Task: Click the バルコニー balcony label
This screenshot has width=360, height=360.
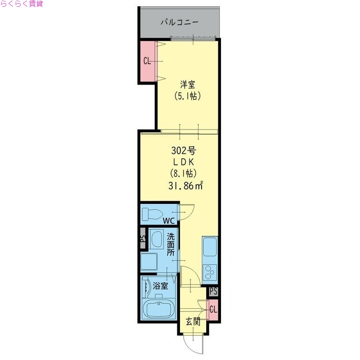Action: click(180, 22)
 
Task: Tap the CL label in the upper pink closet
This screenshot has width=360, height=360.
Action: click(147, 61)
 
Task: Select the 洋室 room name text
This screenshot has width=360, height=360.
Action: click(187, 84)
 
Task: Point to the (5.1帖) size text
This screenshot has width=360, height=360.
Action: click(187, 96)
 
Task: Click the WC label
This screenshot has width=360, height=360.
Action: click(168, 221)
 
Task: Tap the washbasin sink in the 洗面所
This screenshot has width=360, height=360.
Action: click(157, 240)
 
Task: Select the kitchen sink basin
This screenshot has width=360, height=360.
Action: click(210, 247)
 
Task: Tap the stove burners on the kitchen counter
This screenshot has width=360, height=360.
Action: click(210, 272)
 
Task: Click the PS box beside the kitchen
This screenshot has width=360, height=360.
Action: click(213, 291)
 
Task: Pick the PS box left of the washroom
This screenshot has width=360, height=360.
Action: click(143, 240)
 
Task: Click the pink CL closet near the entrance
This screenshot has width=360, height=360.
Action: click(213, 310)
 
